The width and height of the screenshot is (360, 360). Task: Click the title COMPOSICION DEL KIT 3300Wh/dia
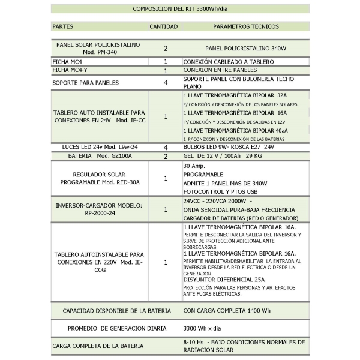[x=179, y=9]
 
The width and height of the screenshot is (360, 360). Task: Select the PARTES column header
[x=63, y=26]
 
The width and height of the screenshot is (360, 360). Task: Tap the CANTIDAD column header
[x=163, y=26]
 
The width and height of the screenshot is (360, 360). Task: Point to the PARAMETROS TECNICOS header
[x=245, y=26]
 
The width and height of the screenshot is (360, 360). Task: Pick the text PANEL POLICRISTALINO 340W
[x=245, y=48]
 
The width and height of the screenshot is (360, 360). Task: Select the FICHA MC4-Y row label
[x=68, y=70]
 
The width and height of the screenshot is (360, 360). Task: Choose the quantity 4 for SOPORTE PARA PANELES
[x=166, y=83]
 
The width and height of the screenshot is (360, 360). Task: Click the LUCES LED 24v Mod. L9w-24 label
[x=100, y=146]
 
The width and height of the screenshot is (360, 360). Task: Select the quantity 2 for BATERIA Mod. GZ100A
[x=166, y=155]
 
